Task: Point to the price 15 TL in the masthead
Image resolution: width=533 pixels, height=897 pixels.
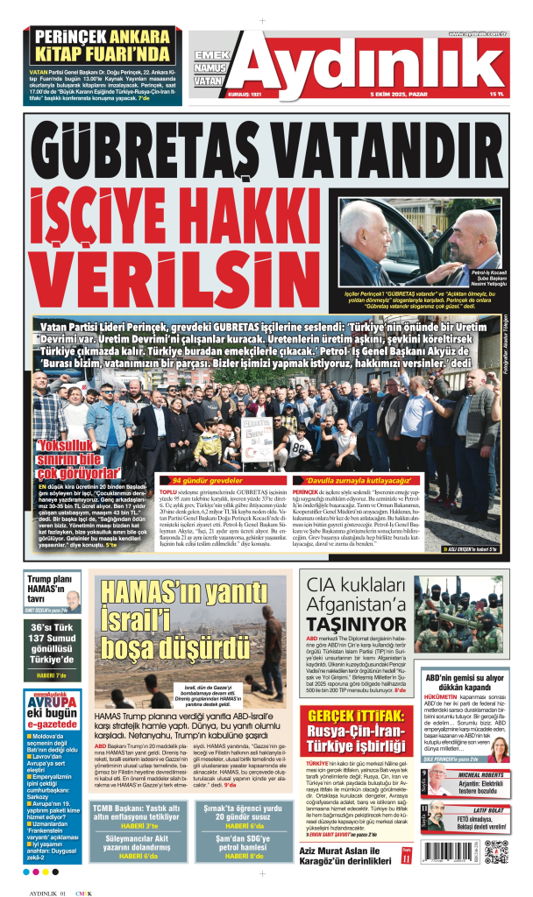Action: tap(497, 95)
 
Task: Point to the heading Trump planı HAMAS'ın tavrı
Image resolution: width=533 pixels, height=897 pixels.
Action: tap(49, 586)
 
